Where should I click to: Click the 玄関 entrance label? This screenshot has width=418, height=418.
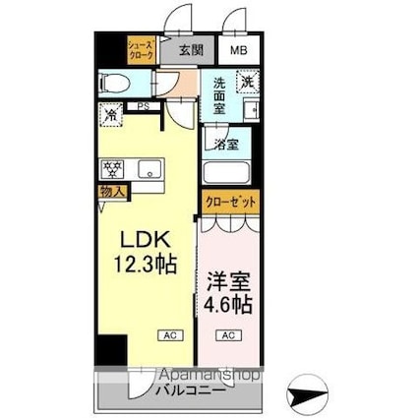point(192,48)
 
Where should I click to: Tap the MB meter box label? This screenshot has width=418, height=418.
point(238,48)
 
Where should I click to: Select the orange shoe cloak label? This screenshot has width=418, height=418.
point(141,48)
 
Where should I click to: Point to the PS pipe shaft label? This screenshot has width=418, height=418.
point(143,107)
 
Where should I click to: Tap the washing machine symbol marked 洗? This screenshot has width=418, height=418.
point(249,81)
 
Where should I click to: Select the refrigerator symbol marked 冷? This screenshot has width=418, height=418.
point(110,114)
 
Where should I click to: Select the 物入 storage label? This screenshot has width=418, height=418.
point(111,192)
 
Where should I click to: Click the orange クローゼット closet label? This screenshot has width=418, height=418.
point(231,202)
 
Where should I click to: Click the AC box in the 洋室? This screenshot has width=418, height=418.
point(227,336)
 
